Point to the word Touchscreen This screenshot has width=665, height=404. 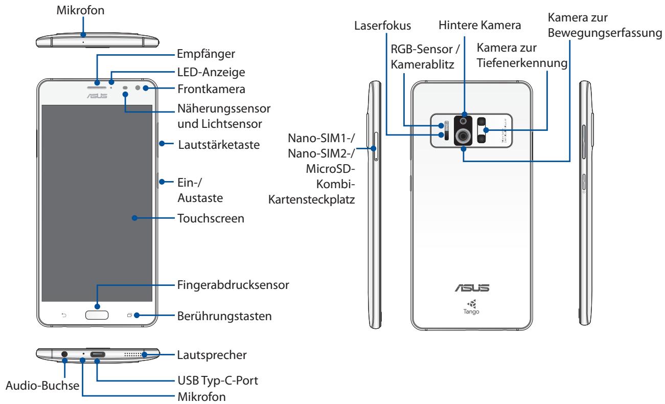tap(211, 218)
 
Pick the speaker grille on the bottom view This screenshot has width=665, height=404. tap(133, 353)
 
